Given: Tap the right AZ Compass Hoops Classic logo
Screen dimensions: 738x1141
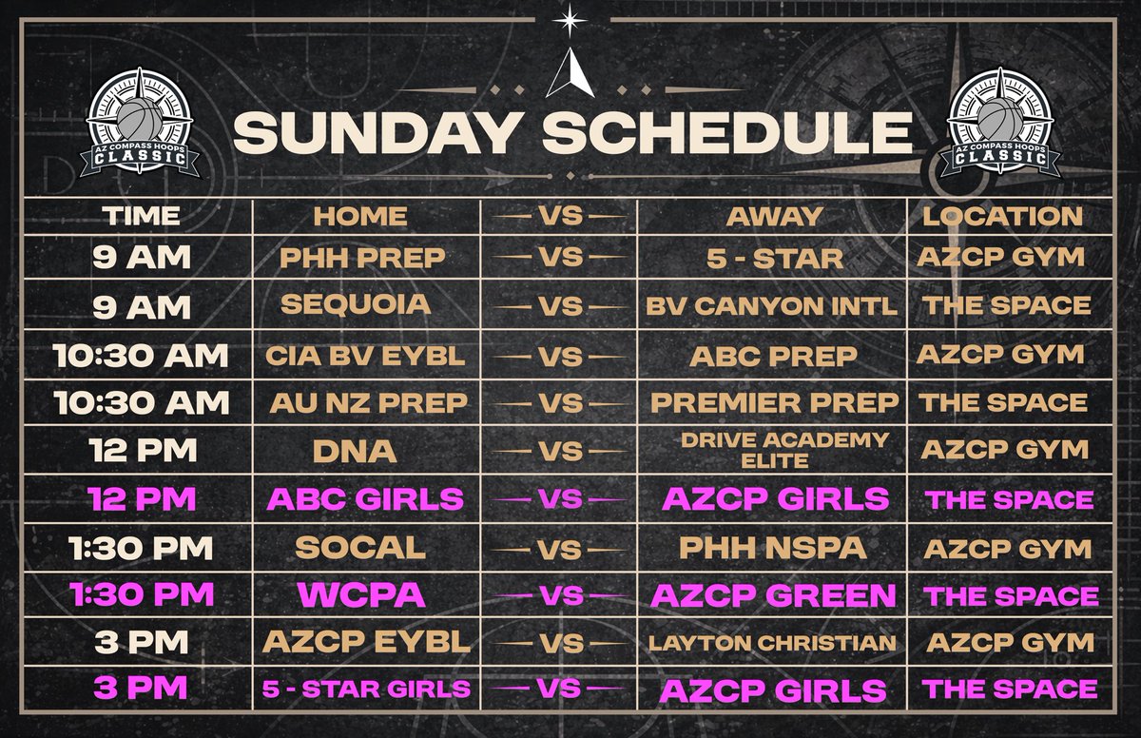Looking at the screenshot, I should (x=999, y=125).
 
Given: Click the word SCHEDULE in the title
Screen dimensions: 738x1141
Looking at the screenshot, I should (x=729, y=134).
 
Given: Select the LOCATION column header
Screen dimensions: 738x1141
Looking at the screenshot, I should (x=1003, y=215).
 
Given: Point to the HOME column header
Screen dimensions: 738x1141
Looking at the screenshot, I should (x=360, y=216).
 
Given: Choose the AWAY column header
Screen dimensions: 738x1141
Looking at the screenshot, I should (x=773, y=216).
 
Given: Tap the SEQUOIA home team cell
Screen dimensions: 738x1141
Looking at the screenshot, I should (x=356, y=304).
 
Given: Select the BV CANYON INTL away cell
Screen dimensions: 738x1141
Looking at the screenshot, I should (x=773, y=307).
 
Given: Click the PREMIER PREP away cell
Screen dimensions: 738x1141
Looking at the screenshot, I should (x=773, y=403).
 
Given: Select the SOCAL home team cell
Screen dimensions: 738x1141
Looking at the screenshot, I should (x=359, y=548).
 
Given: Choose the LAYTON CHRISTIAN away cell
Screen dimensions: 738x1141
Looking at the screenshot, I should (x=773, y=644).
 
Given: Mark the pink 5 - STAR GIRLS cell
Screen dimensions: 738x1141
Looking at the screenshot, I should (x=368, y=689).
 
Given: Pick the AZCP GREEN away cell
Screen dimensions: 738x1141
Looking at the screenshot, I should (x=773, y=595).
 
